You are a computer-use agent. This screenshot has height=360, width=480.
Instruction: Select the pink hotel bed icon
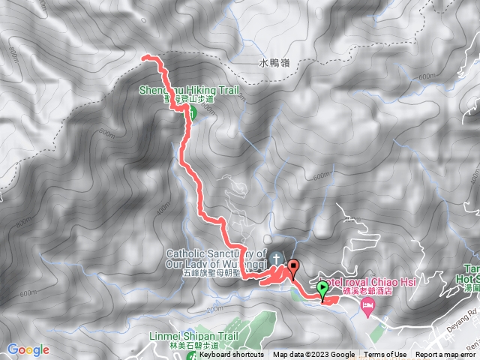coord(367,305)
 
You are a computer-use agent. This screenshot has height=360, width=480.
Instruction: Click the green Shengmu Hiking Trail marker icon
coord(190,113)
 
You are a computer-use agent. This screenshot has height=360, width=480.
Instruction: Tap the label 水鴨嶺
coord(273,64)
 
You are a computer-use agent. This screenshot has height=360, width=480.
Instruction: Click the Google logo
coord(28,349)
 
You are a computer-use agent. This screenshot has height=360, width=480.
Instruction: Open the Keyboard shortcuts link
coord(231,355)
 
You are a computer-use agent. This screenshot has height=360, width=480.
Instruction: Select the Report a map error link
coord(447,355)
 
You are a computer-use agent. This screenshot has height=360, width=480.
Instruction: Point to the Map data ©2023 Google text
coord(314,355)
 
